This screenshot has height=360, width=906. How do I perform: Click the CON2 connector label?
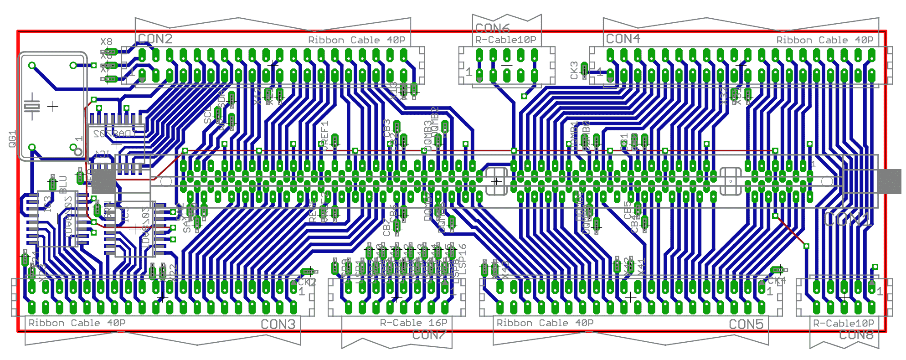(155, 39)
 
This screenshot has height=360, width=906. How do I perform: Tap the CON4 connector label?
(623, 39)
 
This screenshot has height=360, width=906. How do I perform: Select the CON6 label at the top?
(492, 28)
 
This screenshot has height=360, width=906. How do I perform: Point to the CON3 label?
(278, 324)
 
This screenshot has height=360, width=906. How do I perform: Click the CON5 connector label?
(746, 324)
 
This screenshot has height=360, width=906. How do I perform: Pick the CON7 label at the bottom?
(429, 335)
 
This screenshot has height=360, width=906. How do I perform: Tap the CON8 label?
(856, 335)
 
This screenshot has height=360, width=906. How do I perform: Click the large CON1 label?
(849, 220)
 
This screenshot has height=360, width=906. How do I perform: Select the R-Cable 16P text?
(414, 323)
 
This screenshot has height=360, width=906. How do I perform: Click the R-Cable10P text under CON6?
(505, 40)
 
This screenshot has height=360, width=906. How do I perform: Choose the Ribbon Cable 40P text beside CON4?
(825, 41)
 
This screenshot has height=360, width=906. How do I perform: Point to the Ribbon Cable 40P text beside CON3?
(77, 323)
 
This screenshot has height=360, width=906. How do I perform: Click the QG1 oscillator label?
(12, 139)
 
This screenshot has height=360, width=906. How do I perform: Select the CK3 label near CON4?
(574, 70)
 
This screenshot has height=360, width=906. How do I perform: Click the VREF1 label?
(325, 132)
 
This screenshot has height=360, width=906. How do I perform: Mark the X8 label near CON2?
(106, 42)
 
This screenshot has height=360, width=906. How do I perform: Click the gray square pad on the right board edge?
(889, 181)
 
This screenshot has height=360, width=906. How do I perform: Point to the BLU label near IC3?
(63, 184)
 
